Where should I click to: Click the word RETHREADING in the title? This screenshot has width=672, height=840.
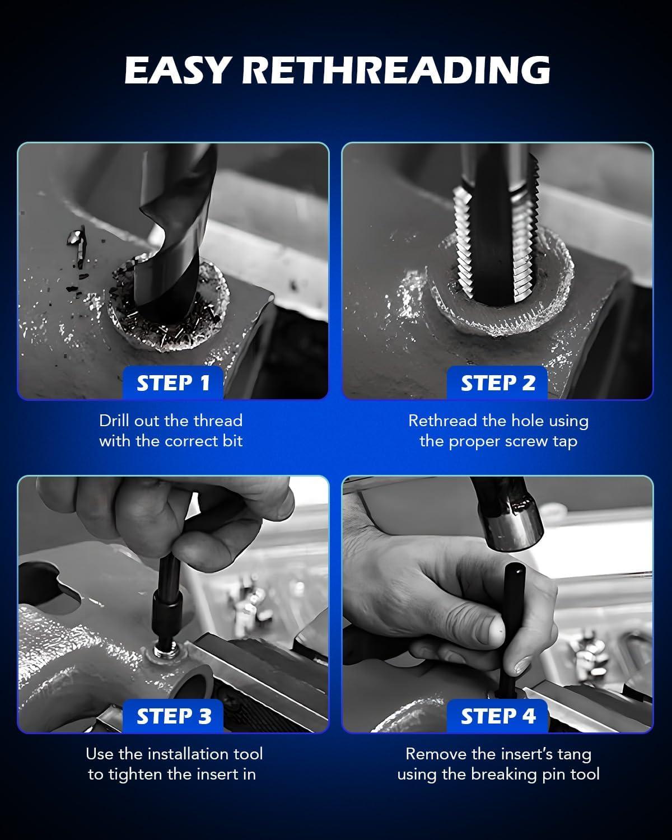pyautogui.click(x=396, y=70)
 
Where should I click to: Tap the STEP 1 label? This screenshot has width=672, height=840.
pyautogui.click(x=173, y=383)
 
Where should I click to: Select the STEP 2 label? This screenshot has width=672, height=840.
pyautogui.click(x=498, y=383)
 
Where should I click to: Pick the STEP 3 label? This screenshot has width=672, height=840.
pyautogui.click(x=174, y=716)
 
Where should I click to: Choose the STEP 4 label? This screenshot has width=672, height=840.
pyautogui.click(x=498, y=716)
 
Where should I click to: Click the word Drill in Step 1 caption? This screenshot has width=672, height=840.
pyautogui.click(x=115, y=421)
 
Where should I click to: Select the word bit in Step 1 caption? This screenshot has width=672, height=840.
pyautogui.click(x=232, y=441)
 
